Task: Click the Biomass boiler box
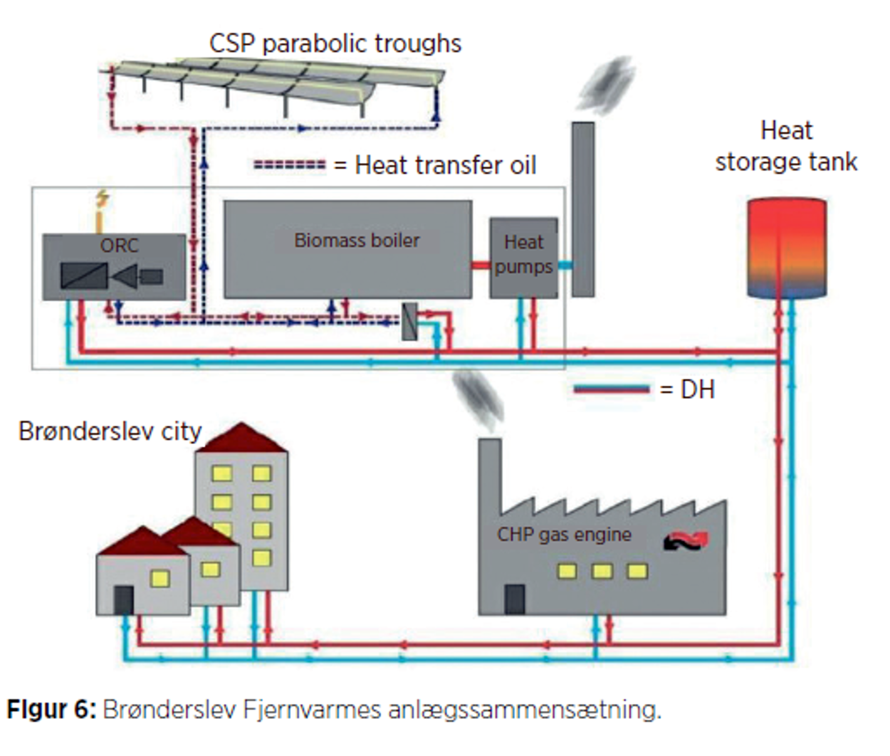pyautogui.click(x=348, y=263)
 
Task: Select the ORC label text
pyautogui.click(x=119, y=245)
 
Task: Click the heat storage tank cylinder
pyautogui.click(x=787, y=248)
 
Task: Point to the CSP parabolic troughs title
pyautogui.click(x=335, y=43)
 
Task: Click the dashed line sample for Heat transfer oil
pyautogui.click(x=290, y=165)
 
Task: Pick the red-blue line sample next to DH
pyautogui.click(x=612, y=389)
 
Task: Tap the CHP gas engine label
pyautogui.click(x=564, y=534)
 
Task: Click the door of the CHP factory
pyautogui.click(x=515, y=599)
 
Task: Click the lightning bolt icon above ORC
pyautogui.click(x=102, y=199)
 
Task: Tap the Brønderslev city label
pyautogui.click(x=110, y=431)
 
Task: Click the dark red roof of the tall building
pyautogui.click(x=242, y=438)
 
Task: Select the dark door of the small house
pyautogui.click(x=123, y=600)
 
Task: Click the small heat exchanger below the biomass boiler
pyautogui.click(x=409, y=321)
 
